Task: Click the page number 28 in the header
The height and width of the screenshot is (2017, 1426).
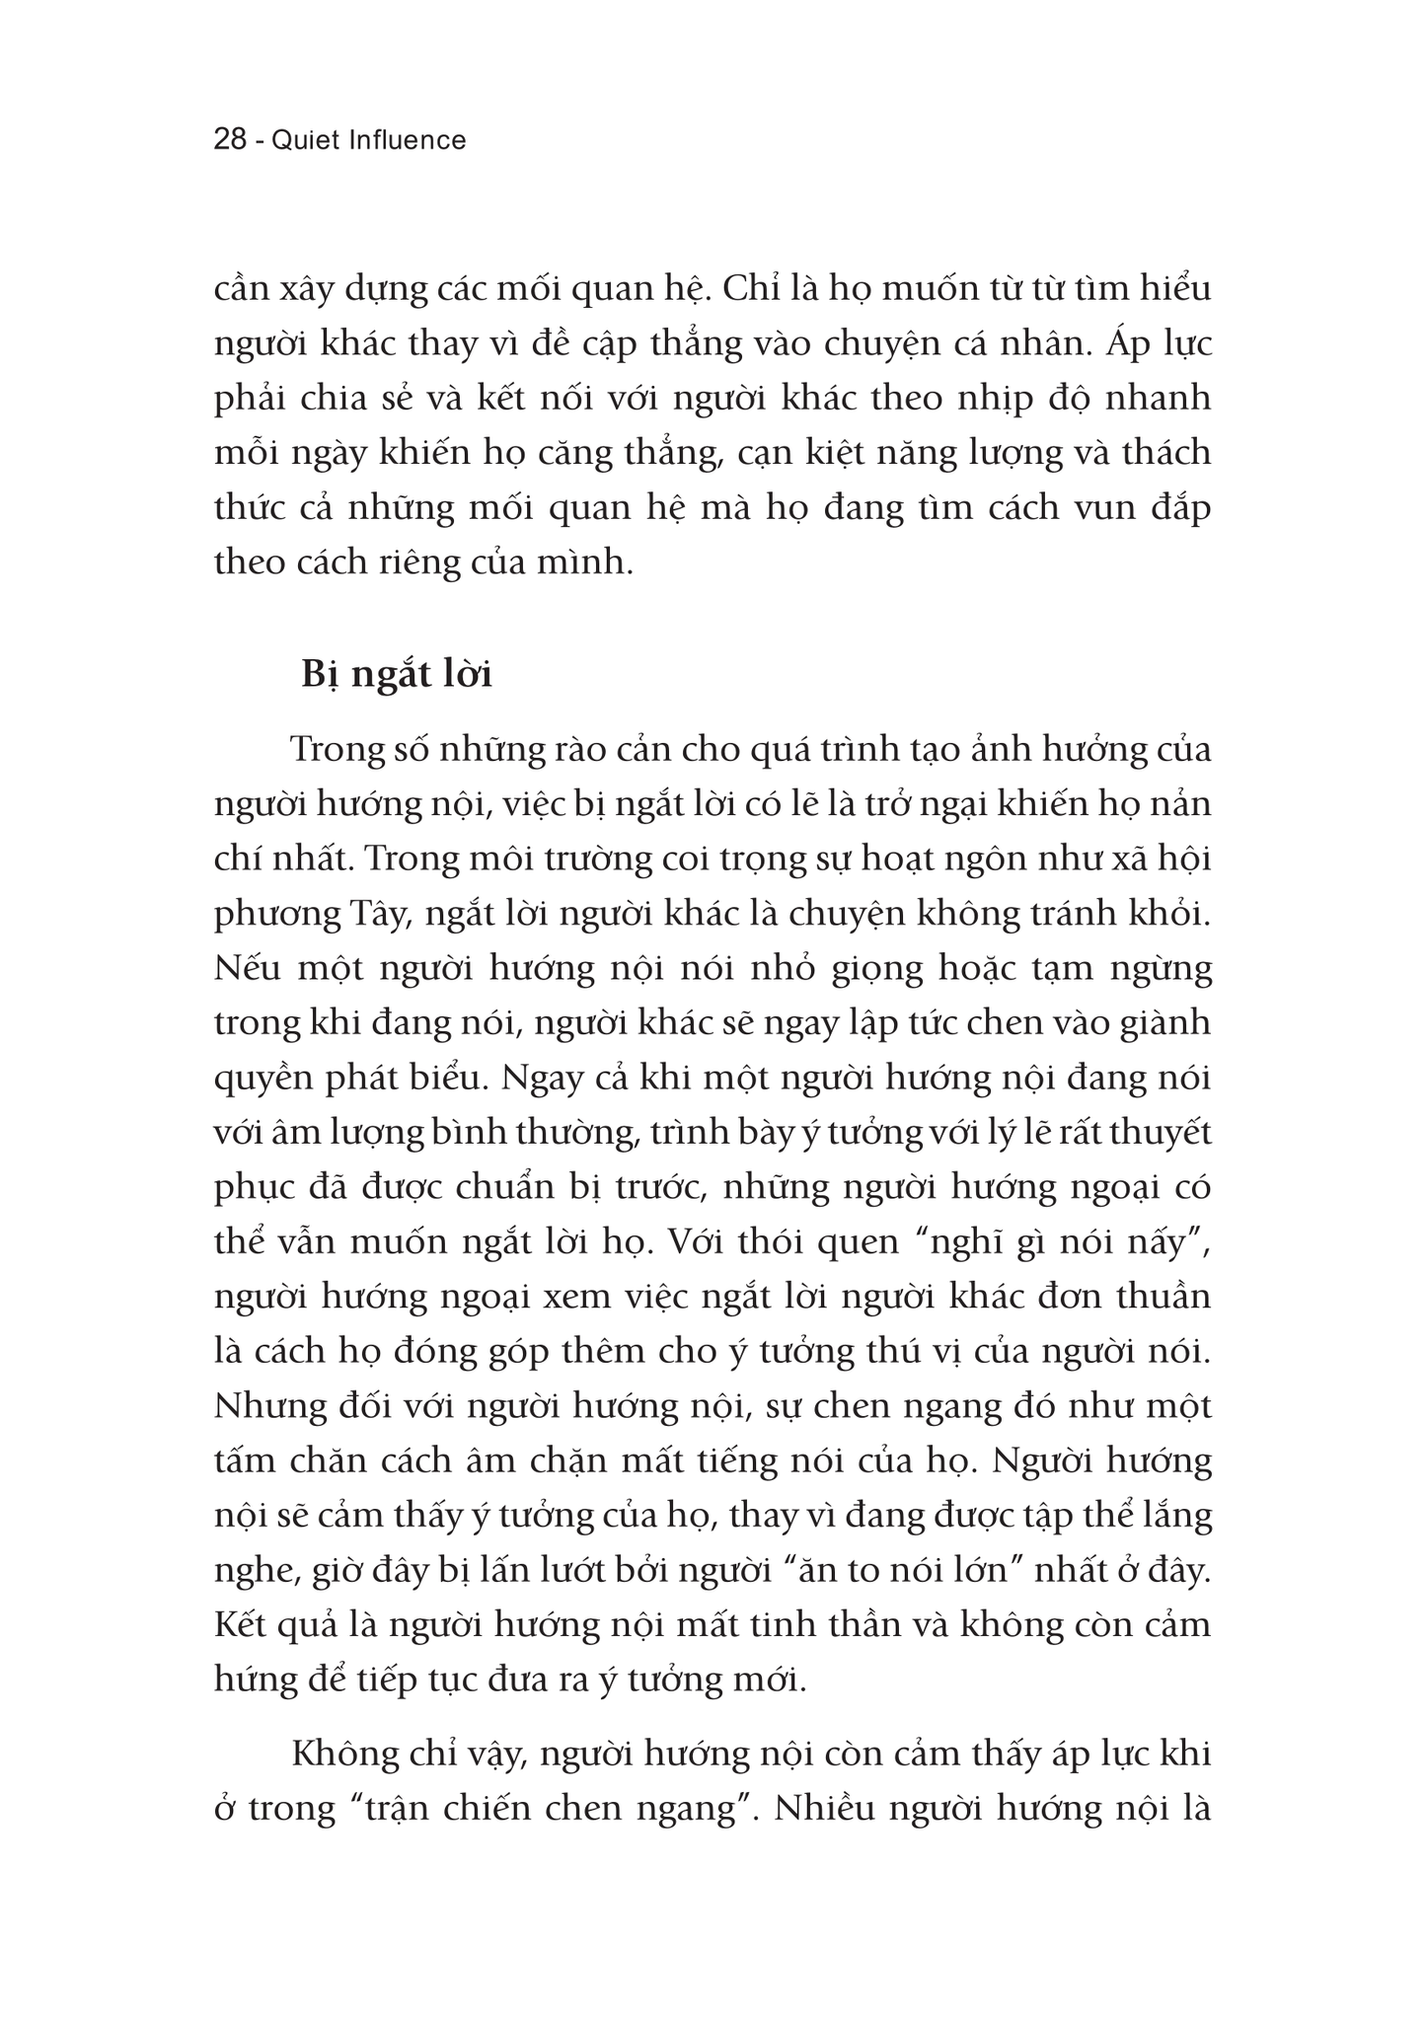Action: point(230,140)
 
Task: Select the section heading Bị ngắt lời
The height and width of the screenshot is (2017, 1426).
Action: point(397,676)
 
